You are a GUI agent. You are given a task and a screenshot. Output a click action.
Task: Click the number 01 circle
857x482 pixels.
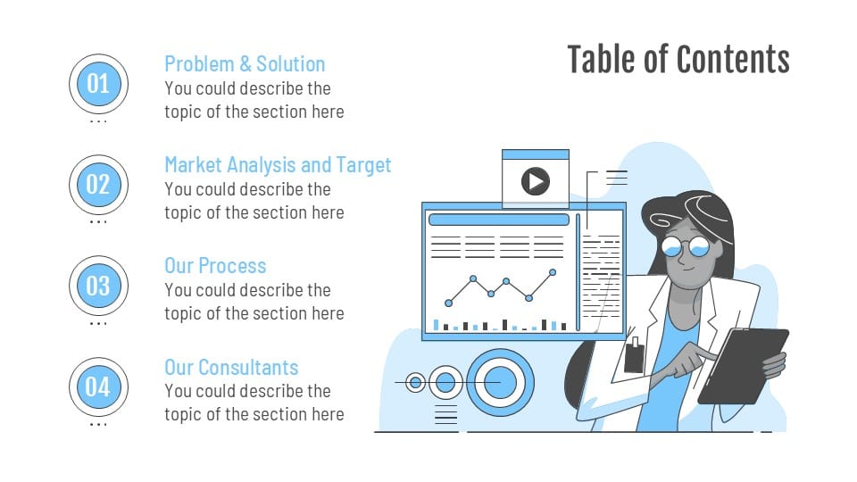pyautogui.click(x=98, y=84)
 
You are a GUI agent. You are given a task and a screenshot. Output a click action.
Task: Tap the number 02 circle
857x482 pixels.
pyautogui.click(x=98, y=185)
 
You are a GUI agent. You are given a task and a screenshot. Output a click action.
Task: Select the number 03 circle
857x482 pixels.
pyautogui.click(x=98, y=286)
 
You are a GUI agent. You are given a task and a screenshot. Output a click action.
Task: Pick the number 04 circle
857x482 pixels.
pyautogui.click(x=98, y=386)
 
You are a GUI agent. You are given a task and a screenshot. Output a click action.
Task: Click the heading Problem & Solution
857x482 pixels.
pyautogui.click(x=245, y=64)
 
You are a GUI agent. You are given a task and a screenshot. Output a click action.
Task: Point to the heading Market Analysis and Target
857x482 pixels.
pyautogui.click(x=278, y=165)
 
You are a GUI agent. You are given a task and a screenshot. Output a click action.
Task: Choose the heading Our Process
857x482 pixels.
pyautogui.click(x=215, y=266)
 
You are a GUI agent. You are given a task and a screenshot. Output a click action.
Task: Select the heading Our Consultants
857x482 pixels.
pyautogui.click(x=231, y=367)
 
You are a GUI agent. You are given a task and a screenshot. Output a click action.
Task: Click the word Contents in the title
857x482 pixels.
pyautogui.click(x=733, y=60)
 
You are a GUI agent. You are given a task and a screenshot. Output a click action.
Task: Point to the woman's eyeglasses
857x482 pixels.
pyautogui.click(x=686, y=245)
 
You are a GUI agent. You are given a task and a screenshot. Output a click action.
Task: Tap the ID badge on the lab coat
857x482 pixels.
pyautogui.click(x=634, y=357)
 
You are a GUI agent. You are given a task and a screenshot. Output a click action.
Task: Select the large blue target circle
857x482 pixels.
pyautogui.click(x=500, y=383)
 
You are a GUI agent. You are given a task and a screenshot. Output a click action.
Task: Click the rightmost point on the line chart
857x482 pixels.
pyautogui.click(x=553, y=271)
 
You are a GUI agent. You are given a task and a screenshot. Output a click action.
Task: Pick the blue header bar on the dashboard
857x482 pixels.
pyautogui.click(x=498, y=220)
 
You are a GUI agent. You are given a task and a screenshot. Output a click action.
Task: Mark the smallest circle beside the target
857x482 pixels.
pyautogui.click(x=415, y=383)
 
